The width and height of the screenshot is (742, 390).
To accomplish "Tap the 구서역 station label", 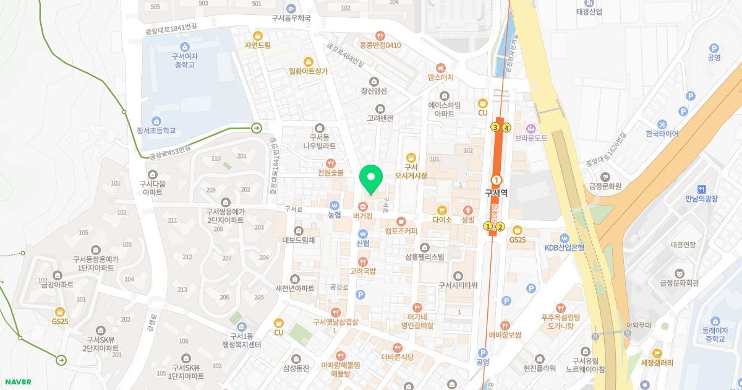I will pos(496,193).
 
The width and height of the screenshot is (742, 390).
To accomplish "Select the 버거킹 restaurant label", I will pos(362,216).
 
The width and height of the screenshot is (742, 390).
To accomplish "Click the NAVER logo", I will pos(17,382).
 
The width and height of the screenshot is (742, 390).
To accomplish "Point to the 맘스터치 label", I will pos(440,77).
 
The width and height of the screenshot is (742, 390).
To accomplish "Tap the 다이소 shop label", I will pos(442,220).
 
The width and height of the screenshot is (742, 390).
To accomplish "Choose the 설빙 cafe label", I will pos(467,220).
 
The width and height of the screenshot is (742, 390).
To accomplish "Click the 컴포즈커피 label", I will pos(401,231).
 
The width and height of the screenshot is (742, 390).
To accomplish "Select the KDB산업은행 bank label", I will pos(564,248).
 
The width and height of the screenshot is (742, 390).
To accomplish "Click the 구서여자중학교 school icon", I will pos(184,46).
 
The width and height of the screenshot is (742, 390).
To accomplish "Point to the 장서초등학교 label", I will pos(156,131).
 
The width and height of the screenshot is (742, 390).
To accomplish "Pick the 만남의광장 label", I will pos(701,199).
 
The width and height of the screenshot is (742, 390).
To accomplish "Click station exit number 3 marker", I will pos(494,128).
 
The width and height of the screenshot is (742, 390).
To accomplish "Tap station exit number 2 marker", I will pos(501,227).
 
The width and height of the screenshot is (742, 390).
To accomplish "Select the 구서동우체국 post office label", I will pos(291,19).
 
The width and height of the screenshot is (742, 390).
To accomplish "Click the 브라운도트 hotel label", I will pos(531,138).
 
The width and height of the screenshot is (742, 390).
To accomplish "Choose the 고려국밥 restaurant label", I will pos(363,271).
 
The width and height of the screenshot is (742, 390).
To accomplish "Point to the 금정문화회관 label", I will pos(679,283).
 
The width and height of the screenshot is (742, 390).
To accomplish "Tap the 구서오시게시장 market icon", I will pos(410,157).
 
